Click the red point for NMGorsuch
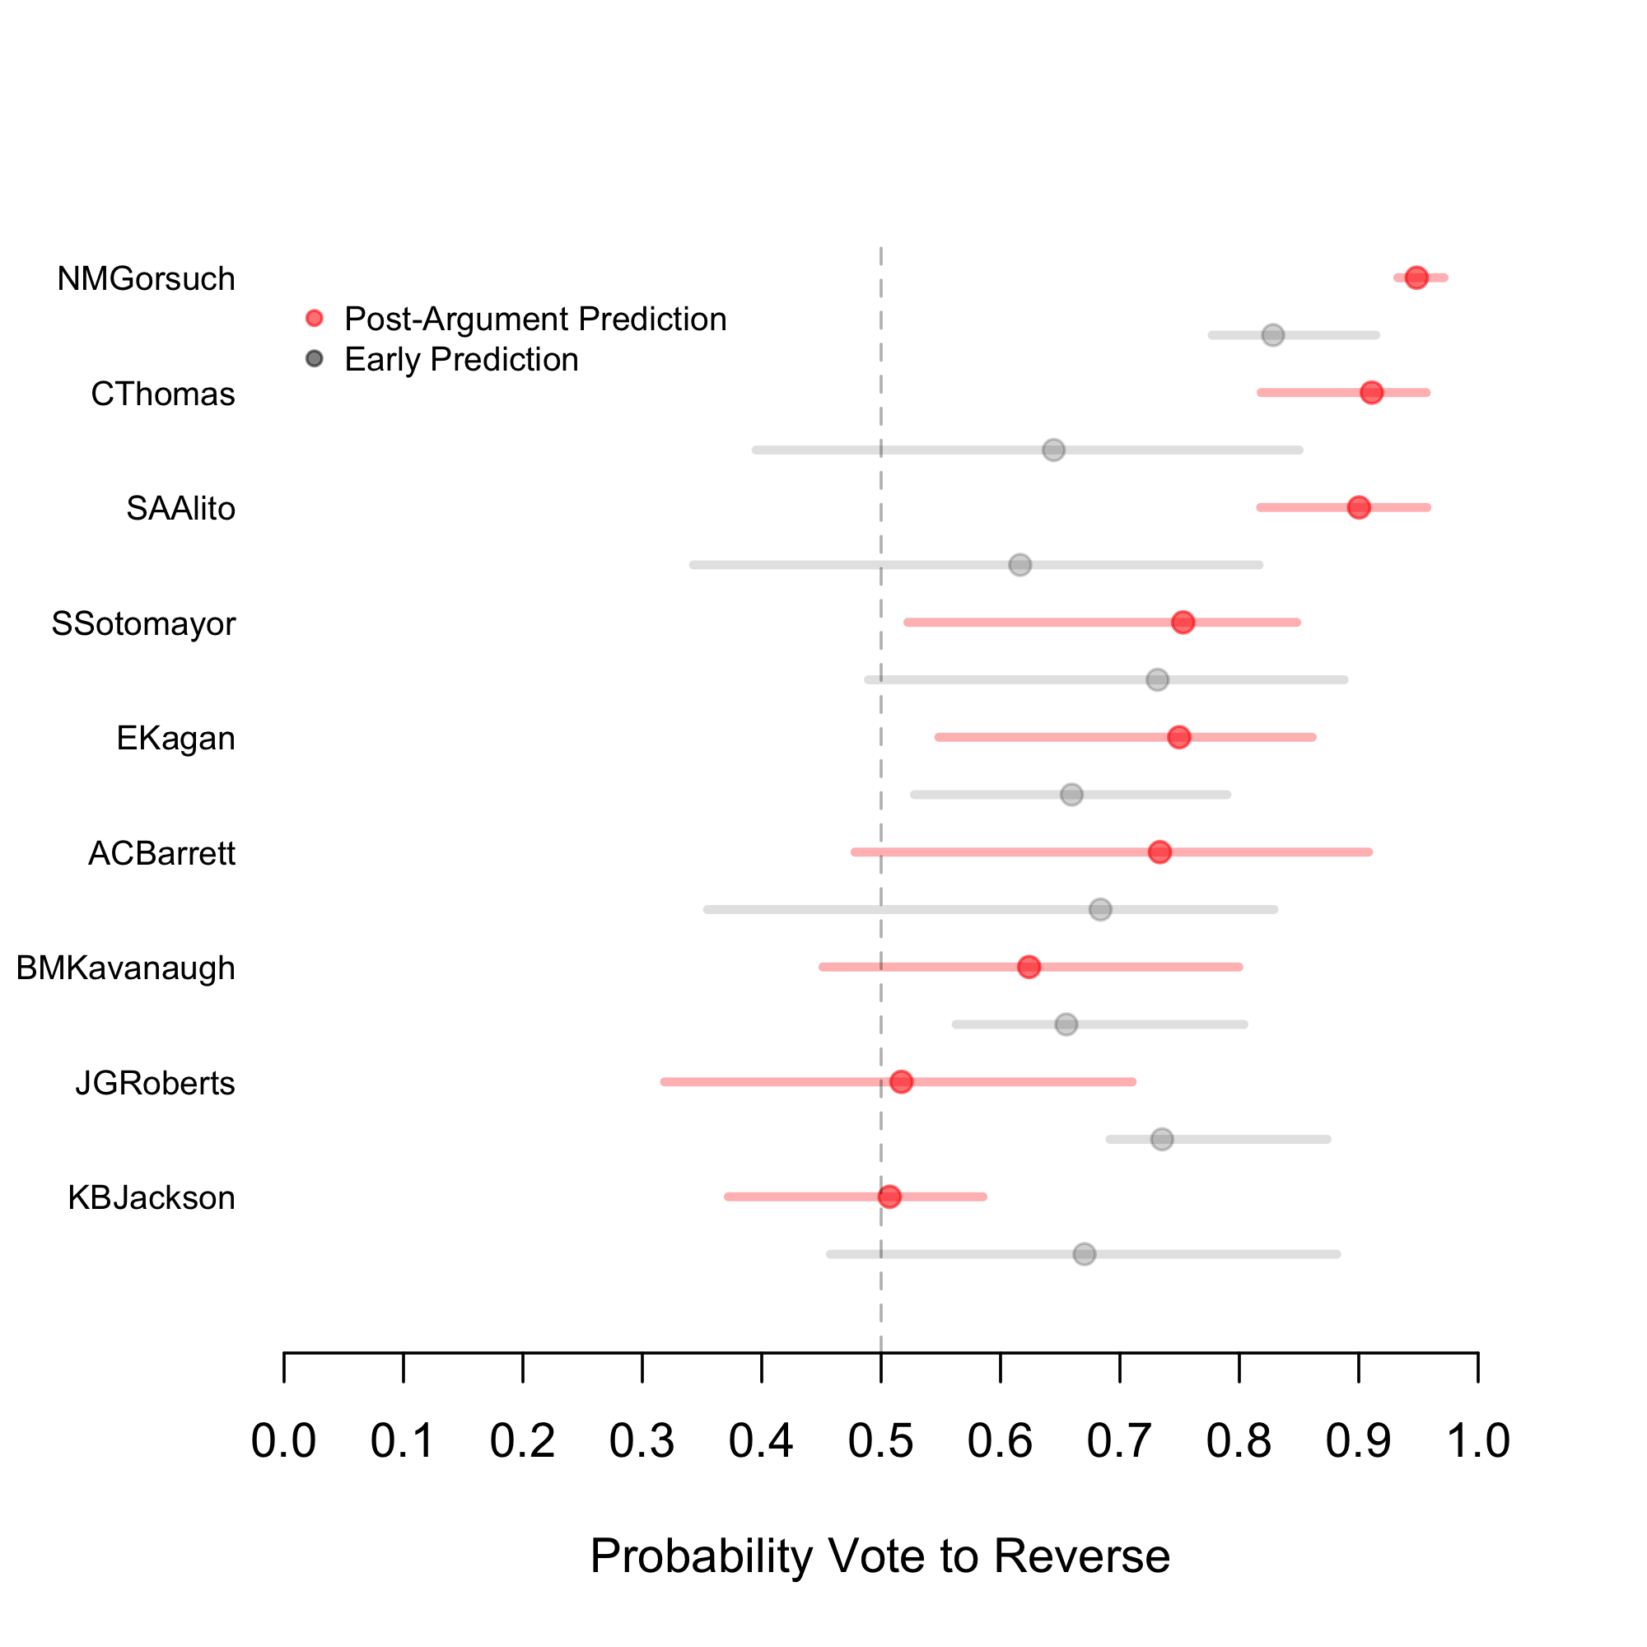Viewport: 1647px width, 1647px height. tap(1416, 278)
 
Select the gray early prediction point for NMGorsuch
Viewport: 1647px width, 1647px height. tap(1273, 335)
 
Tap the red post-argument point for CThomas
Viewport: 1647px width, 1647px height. tap(1372, 393)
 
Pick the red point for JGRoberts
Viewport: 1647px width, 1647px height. tap(901, 1082)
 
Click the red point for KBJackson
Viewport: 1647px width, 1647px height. tap(889, 1197)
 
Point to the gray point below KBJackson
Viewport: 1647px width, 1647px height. tap(1085, 1254)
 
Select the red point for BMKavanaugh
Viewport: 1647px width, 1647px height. tap(1029, 967)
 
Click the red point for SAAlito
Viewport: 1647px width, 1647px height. tap(1359, 507)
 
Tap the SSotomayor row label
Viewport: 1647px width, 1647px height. tap(143, 624)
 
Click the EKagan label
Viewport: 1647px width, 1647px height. tap(175, 738)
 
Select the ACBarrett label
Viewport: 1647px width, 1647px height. tap(162, 853)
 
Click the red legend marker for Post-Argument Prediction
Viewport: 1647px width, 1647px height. tap(315, 319)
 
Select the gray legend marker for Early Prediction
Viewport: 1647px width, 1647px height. tap(315, 359)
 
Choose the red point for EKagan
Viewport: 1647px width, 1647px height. tap(1179, 737)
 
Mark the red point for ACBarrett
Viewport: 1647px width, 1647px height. tap(1159, 851)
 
